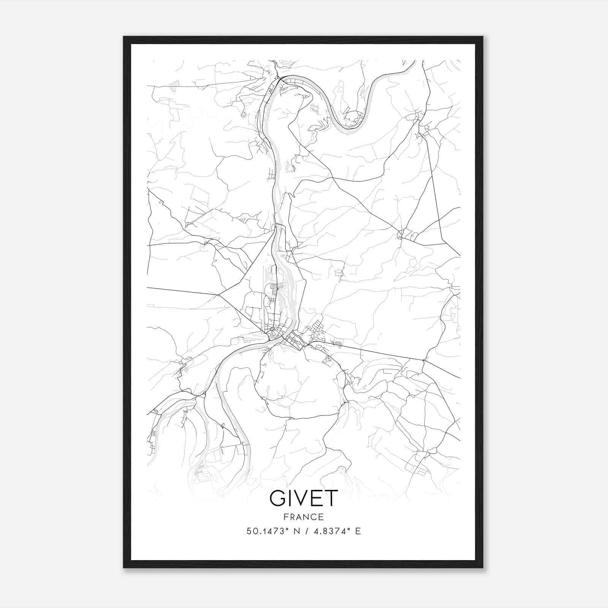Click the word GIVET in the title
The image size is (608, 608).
(x=304, y=498)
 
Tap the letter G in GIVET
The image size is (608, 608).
(x=278, y=498)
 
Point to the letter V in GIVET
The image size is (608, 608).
(x=301, y=498)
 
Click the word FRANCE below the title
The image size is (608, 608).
(x=304, y=517)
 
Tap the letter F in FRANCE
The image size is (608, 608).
(x=286, y=517)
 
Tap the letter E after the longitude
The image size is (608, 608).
(x=358, y=531)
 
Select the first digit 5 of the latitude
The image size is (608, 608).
(x=249, y=531)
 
